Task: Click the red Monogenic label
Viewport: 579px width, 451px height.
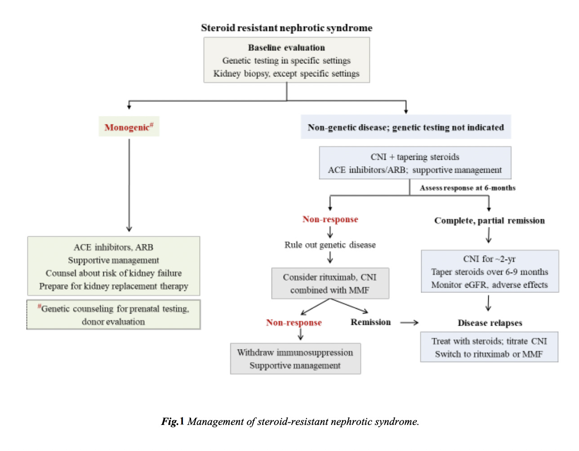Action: pos(129,127)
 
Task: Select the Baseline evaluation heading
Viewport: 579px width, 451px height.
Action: pos(286,48)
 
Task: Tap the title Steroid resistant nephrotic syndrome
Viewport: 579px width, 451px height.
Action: pos(286,28)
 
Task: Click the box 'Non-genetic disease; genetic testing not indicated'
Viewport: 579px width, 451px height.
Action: pos(405,128)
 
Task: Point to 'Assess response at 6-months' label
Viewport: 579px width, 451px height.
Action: pos(468,188)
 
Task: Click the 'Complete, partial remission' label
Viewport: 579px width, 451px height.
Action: pos(489,221)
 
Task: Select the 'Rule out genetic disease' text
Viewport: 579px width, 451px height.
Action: pos(330,245)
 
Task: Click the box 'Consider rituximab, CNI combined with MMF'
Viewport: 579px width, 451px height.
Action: pos(330,283)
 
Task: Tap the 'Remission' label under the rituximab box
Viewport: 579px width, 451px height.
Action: pos(370,322)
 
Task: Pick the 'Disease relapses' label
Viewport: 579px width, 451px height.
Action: pos(490,323)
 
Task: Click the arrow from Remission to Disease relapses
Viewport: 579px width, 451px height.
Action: pos(409,323)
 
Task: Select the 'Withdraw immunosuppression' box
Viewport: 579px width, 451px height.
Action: pos(295,358)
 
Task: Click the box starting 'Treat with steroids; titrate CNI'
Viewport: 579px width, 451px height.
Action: pos(489,347)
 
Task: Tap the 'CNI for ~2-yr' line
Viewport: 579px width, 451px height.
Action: pos(489,259)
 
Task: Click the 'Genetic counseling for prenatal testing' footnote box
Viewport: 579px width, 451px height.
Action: pos(114,315)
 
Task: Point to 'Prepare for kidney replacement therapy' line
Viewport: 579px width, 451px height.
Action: pos(114,286)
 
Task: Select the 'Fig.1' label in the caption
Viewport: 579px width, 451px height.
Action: pos(173,421)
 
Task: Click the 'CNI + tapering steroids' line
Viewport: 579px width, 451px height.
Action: pos(415,157)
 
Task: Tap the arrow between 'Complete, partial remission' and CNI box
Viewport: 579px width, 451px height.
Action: pos(489,235)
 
